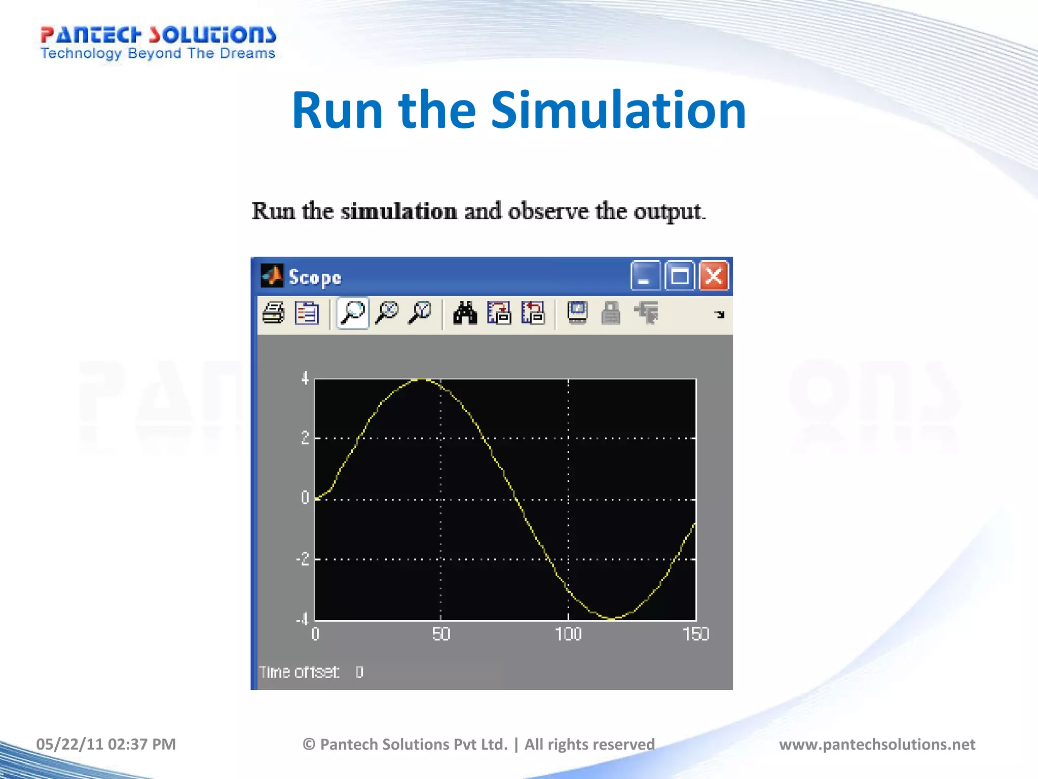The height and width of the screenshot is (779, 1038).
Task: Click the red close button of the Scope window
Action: point(714,276)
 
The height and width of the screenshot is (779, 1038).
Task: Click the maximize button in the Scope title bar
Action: point(679,276)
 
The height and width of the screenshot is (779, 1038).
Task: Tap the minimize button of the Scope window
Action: point(645,276)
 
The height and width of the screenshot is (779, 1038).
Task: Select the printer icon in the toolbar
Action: point(274,313)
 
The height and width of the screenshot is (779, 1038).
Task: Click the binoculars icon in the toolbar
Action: point(465,313)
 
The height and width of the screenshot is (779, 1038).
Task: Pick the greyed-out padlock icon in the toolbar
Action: point(611,313)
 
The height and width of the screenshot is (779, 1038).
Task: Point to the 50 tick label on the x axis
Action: point(441,634)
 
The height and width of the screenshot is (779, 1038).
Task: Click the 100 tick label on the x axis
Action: point(568,634)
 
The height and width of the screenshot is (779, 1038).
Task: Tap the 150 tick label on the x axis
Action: point(696,634)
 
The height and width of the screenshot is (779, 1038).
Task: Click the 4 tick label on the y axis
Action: point(305,378)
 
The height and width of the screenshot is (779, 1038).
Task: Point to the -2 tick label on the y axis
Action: point(303,559)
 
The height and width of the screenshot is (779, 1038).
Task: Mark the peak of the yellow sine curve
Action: point(422,379)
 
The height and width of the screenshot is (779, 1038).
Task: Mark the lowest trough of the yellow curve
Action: point(612,619)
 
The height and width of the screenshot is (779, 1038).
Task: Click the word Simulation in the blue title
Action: point(618,110)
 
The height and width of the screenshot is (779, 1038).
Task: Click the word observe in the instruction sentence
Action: point(548,211)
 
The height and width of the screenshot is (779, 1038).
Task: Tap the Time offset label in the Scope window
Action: point(299,672)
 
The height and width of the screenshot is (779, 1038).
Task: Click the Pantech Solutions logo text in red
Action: point(158,34)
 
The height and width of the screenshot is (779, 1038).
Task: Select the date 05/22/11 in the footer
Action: point(69,744)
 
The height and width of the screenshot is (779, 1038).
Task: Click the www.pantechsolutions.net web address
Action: point(877,744)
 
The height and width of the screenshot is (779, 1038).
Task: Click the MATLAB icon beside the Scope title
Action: point(272,276)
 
